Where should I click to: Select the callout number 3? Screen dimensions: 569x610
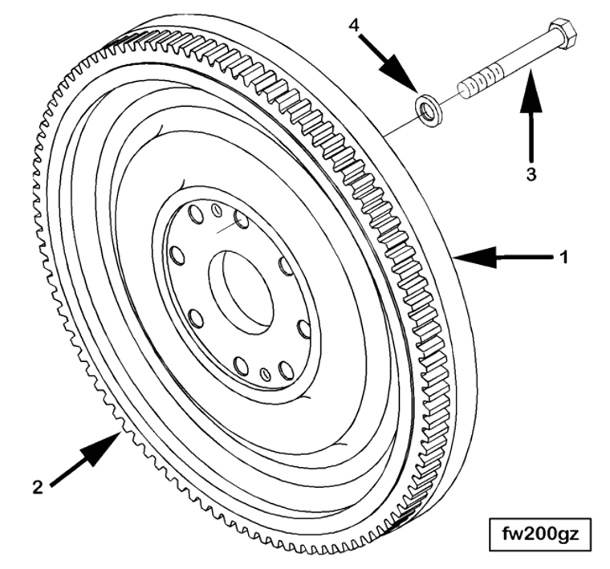[530, 172]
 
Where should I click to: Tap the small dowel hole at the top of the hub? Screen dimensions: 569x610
[217, 210]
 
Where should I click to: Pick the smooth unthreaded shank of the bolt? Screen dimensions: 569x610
[522, 57]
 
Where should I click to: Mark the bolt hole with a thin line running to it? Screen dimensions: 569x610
[242, 218]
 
